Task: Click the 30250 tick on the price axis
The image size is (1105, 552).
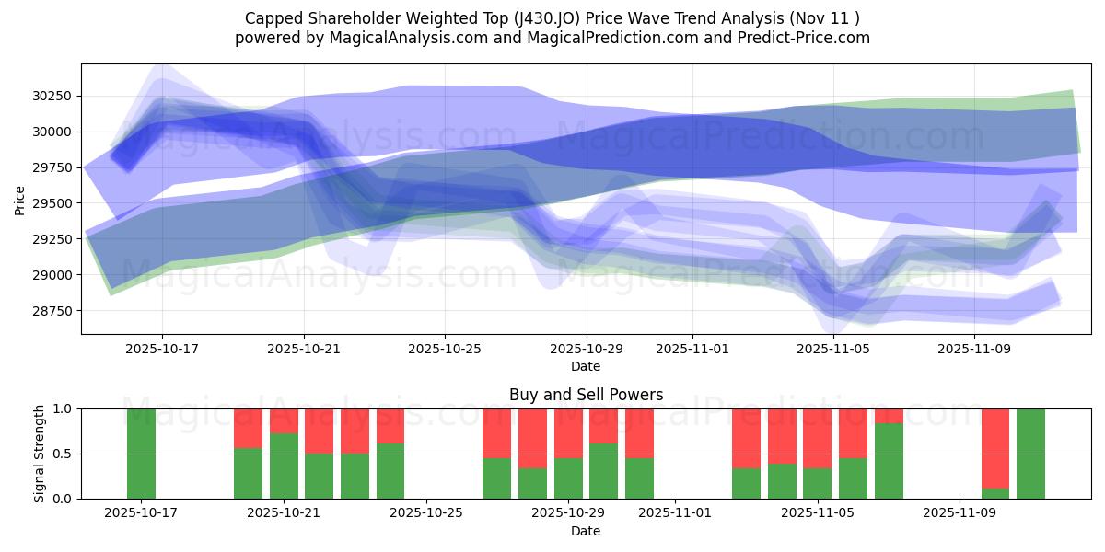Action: pyautogui.click(x=54, y=96)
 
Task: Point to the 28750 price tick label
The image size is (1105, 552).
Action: pyautogui.click(x=54, y=311)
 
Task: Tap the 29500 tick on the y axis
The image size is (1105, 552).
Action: pyautogui.click(x=54, y=203)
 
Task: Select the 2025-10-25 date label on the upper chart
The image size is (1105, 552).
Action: pyautogui.click(x=446, y=349)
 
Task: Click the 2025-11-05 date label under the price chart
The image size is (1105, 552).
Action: pyautogui.click(x=833, y=349)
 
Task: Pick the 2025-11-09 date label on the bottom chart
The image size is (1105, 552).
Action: pyautogui.click(x=959, y=513)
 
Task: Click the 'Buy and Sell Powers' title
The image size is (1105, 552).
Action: pyautogui.click(x=586, y=395)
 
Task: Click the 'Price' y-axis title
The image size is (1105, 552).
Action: pyautogui.click(x=20, y=199)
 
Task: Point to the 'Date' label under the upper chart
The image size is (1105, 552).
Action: pyautogui.click(x=586, y=366)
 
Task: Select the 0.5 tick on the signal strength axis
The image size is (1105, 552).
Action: pyautogui.click(x=62, y=454)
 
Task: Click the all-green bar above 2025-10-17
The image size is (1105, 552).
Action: pyautogui.click(x=142, y=454)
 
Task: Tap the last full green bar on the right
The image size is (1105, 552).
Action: pyautogui.click(x=1030, y=454)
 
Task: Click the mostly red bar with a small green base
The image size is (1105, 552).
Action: pyautogui.click(x=995, y=451)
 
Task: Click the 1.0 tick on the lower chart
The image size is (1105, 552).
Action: pyautogui.click(x=62, y=408)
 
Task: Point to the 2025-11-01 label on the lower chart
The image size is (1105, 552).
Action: pyautogui.click(x=675, y=513)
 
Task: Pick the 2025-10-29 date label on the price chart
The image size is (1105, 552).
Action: pyautogui.click(x=587, y=349)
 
